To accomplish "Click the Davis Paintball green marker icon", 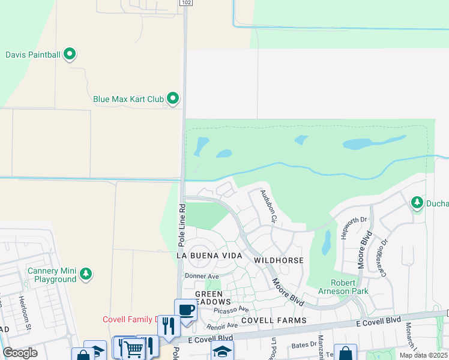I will coord(70,55).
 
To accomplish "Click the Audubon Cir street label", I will coord(267,206).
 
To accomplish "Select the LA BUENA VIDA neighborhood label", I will coord(209,256).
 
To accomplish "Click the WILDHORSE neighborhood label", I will coord(279,260).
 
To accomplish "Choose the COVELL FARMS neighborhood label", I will coord(275,320).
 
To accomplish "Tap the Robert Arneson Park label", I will coord(349,287).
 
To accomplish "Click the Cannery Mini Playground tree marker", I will coord(86,274).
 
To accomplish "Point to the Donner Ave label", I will coord(202,277).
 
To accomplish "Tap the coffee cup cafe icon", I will coord(185,310).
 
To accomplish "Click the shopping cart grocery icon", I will coord(133,347).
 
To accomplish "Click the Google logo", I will coord(20,353).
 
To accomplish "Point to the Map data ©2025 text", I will coord(424,355).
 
